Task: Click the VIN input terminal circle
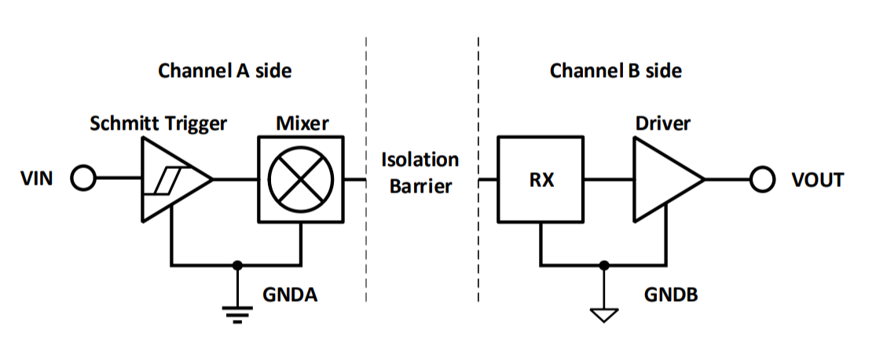pyautogui.click(x=82, y=179)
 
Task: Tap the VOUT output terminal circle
pyautogui.click(x=761, y=179)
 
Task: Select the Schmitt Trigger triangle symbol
pyautogui.click(x=173, y=179)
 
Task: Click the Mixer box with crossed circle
pyautogui.click(x=300, y=179)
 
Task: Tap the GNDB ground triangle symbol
pyautogui.click(x=603, y=314)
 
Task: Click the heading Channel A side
pyautogui.click(x=225, y=71)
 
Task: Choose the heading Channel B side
pyautogui.click(x=615, y=71)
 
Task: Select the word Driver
pyautogui.click(x=663, y=123)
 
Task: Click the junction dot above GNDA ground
pyautogui.click(x=236, y=264)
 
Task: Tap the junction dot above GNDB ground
pyautogui.click(x=603, y=264)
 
